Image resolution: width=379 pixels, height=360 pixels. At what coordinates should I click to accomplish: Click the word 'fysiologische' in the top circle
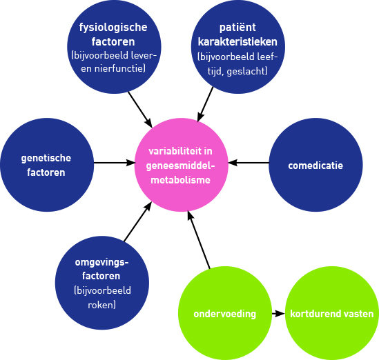pos(113,28)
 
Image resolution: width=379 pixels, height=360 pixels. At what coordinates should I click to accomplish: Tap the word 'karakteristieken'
pos(237,42)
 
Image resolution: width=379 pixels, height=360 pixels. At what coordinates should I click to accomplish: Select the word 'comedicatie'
pos(315,166)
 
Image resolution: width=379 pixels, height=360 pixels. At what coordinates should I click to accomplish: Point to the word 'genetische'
pos(46,159)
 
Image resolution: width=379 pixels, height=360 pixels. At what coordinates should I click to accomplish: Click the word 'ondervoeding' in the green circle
pos(225,314)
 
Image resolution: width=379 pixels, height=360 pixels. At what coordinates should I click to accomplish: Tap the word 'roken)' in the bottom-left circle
pos(101,305)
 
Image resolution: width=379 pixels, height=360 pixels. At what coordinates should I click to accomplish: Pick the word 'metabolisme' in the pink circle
pos(181,180)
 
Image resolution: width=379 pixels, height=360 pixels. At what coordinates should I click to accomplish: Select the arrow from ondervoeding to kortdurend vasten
pos(278,314)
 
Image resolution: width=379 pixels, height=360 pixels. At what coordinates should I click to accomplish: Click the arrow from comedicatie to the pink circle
pos(249,163)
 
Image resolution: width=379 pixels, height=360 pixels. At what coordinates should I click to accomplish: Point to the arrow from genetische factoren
pos(115,163)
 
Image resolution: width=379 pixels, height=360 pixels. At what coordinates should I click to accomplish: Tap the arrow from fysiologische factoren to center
pos(140,110)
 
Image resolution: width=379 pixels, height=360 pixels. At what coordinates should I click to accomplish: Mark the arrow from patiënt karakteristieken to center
pos(205,104)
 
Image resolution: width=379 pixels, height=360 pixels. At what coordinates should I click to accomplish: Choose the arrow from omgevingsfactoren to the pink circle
pos(138,221)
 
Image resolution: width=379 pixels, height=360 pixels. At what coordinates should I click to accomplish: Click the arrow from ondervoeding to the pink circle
pos(199,239)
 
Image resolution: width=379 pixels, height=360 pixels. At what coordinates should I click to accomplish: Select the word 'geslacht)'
pos(247,72)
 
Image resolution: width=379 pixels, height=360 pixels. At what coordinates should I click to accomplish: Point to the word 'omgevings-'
pos(101,263)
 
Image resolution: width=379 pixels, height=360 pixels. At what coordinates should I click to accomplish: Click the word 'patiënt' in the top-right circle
pos(237,28)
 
